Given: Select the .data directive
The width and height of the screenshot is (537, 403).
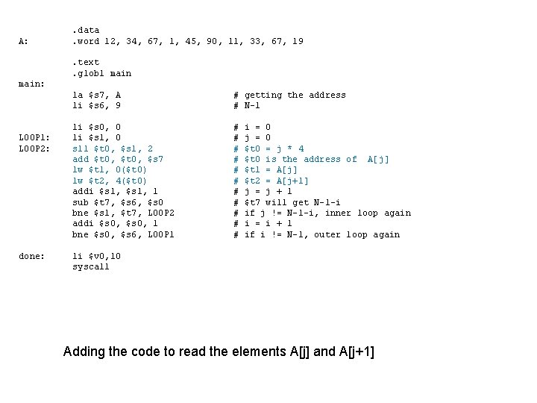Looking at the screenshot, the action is (86, 30).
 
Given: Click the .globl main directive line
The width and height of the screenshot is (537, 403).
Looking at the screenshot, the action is (101, 73).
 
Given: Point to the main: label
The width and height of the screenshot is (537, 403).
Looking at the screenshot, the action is (30, 84).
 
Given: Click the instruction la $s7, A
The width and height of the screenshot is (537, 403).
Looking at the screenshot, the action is (97, 95).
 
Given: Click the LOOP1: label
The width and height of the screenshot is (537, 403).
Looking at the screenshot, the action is (35, 138).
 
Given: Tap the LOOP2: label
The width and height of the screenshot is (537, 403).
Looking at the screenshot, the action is (35, 149).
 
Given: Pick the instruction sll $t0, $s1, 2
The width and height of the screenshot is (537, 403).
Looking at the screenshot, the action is (113, 149).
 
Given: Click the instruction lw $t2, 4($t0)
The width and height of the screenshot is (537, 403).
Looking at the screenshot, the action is (110, 181).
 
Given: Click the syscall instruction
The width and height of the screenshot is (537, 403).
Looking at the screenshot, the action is (90, 266).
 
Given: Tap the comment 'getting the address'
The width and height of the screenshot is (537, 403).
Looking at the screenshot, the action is (295, 95).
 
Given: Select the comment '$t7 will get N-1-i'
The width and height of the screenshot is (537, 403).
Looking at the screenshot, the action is (292, 202).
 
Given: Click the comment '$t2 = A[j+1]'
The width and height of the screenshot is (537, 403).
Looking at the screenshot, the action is (277, 181).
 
